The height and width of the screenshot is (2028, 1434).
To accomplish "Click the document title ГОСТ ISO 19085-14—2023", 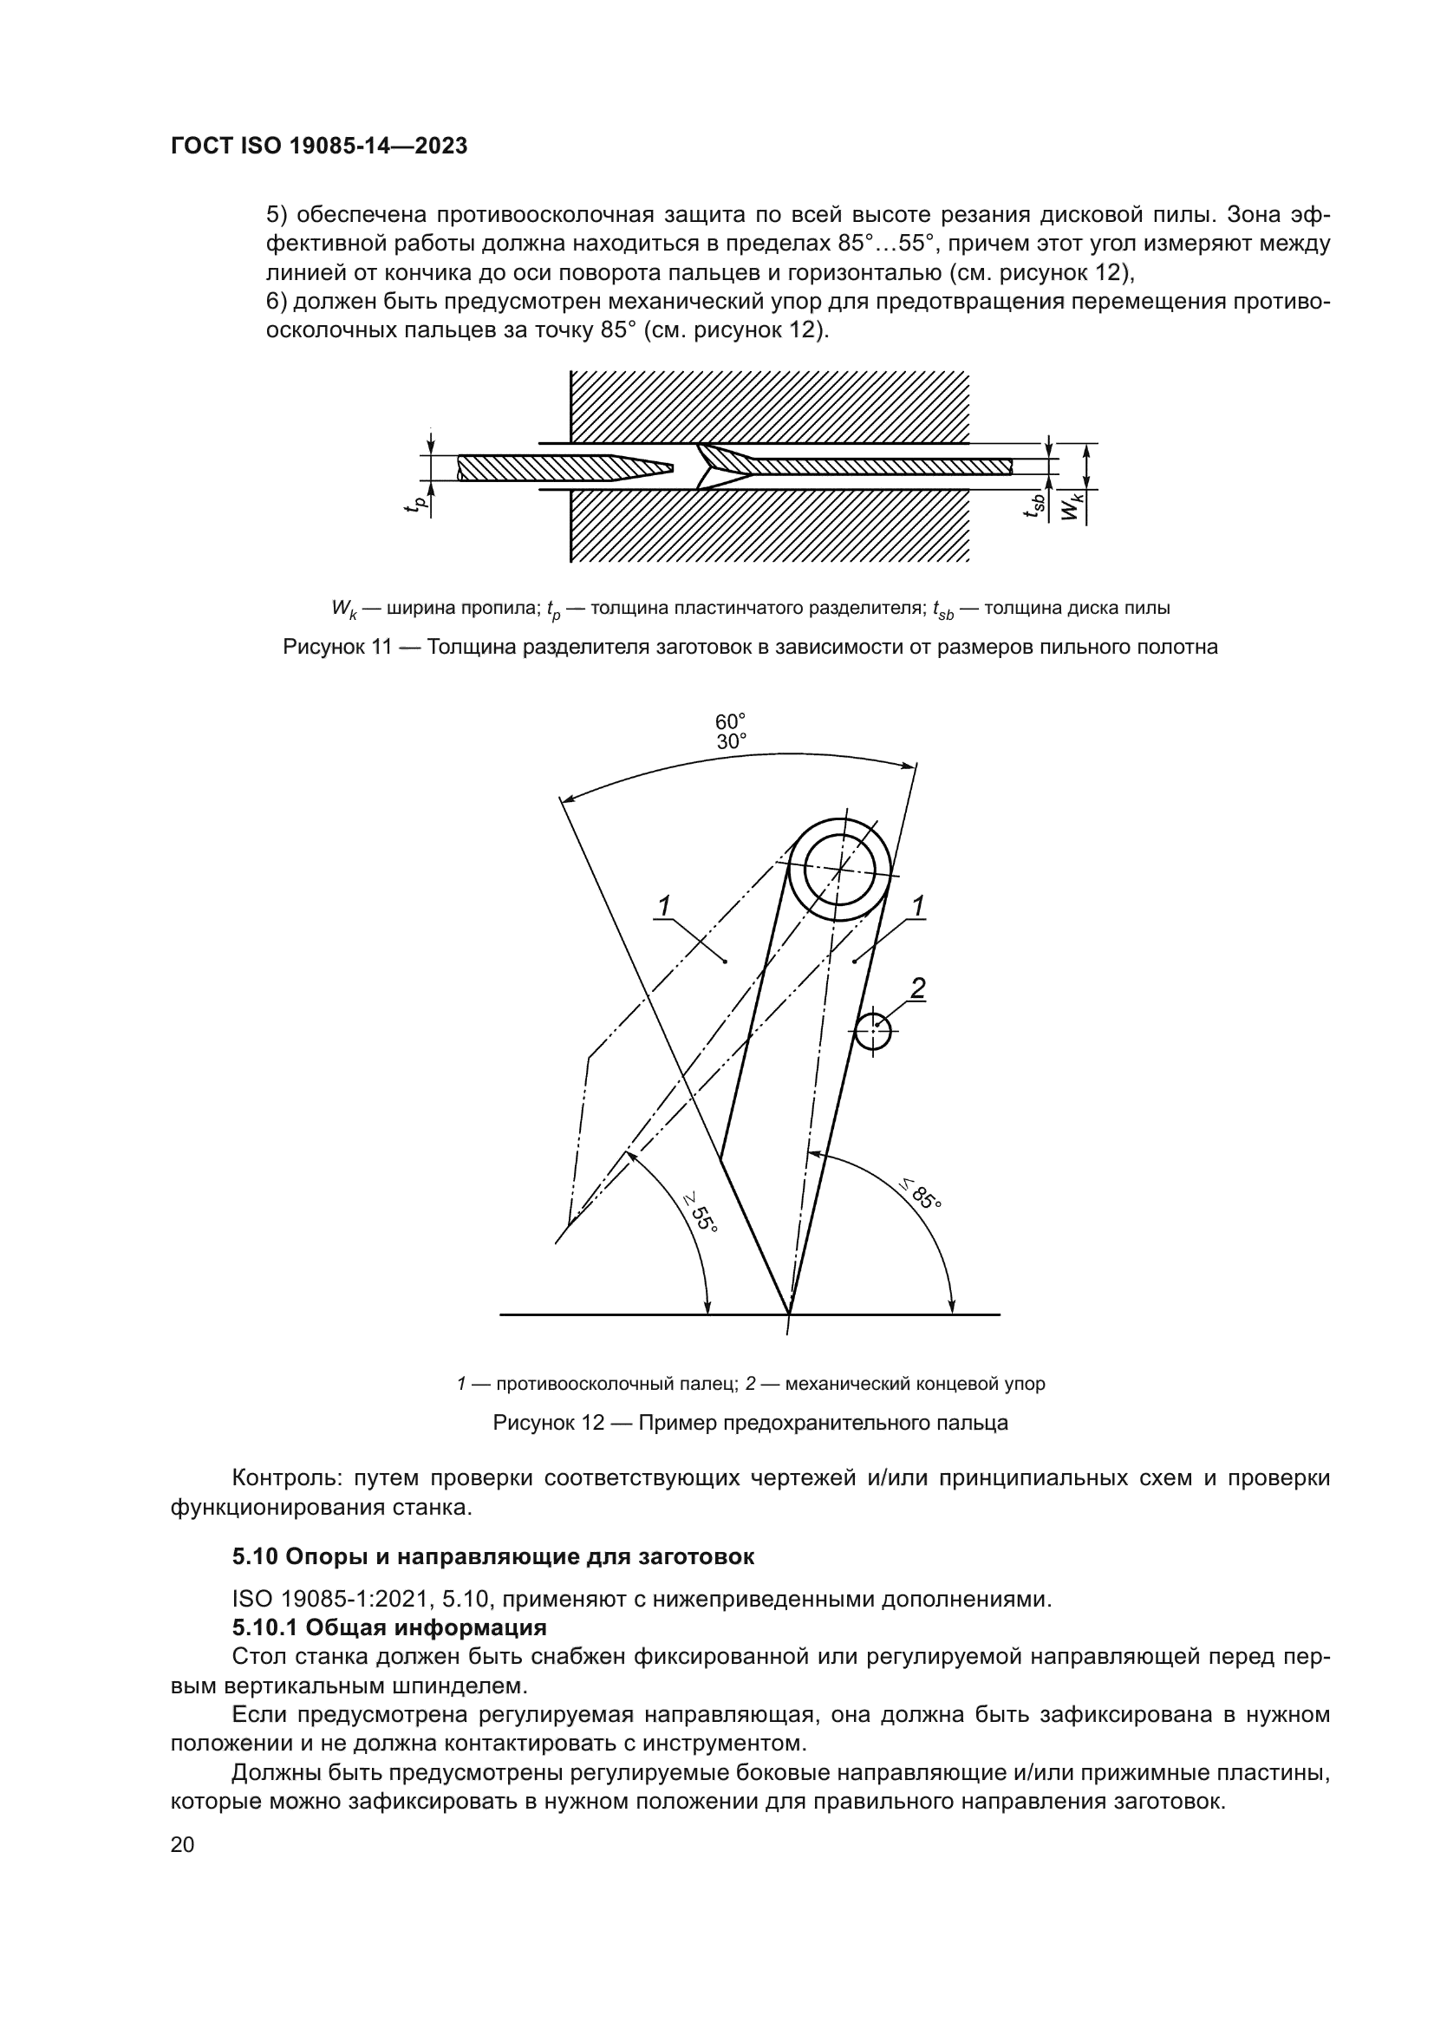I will tap(319, 147).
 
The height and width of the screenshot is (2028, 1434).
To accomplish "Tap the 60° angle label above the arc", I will tap(730, 721).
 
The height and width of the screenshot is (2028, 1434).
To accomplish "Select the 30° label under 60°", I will tap(730, 742).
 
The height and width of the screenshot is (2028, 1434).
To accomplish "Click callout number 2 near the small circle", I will tap(917, 988).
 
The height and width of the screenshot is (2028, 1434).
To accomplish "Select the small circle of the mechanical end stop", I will tap(872, 1029).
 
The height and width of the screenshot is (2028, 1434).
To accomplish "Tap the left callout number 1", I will tap(664, 906).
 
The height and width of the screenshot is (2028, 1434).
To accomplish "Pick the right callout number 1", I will tap(917, 906).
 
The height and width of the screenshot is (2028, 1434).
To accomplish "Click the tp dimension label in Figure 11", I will tap(420, 505).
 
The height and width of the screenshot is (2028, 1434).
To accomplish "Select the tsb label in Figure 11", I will tap(1035, 506).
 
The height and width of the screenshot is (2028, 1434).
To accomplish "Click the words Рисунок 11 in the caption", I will tap(336, 648).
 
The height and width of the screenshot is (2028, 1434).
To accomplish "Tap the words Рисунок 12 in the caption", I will tap(547, 1423).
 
